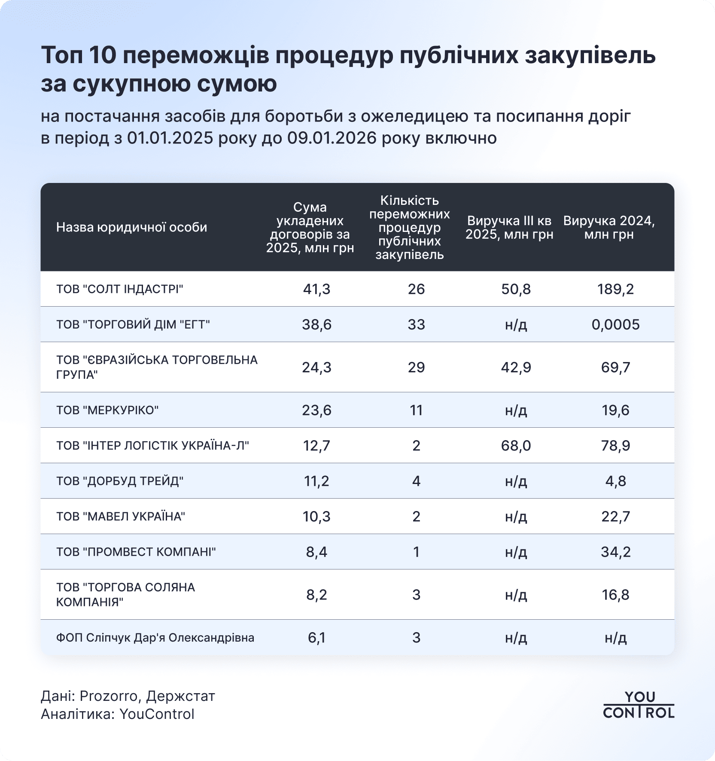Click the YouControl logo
[639, 705]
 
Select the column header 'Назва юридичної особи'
[131, 227]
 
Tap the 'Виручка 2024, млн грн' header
[609, 228]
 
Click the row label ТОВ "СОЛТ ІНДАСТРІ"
[120, 289]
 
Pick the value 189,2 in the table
[615, 289]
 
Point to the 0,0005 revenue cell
[615, 324]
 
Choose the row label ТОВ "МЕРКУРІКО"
[107, 410]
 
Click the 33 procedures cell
[416, 324]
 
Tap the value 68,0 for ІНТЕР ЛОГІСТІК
[516, 446]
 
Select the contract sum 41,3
[316, 289]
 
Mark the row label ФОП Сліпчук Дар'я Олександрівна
[155, 638]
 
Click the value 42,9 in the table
[516, 368]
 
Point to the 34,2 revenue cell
[615, 552]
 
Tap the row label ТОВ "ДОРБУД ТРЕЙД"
[120, 481]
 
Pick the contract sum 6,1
[316, 638]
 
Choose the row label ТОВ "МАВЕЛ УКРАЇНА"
[121, 516]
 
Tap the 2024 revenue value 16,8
[615, 595]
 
